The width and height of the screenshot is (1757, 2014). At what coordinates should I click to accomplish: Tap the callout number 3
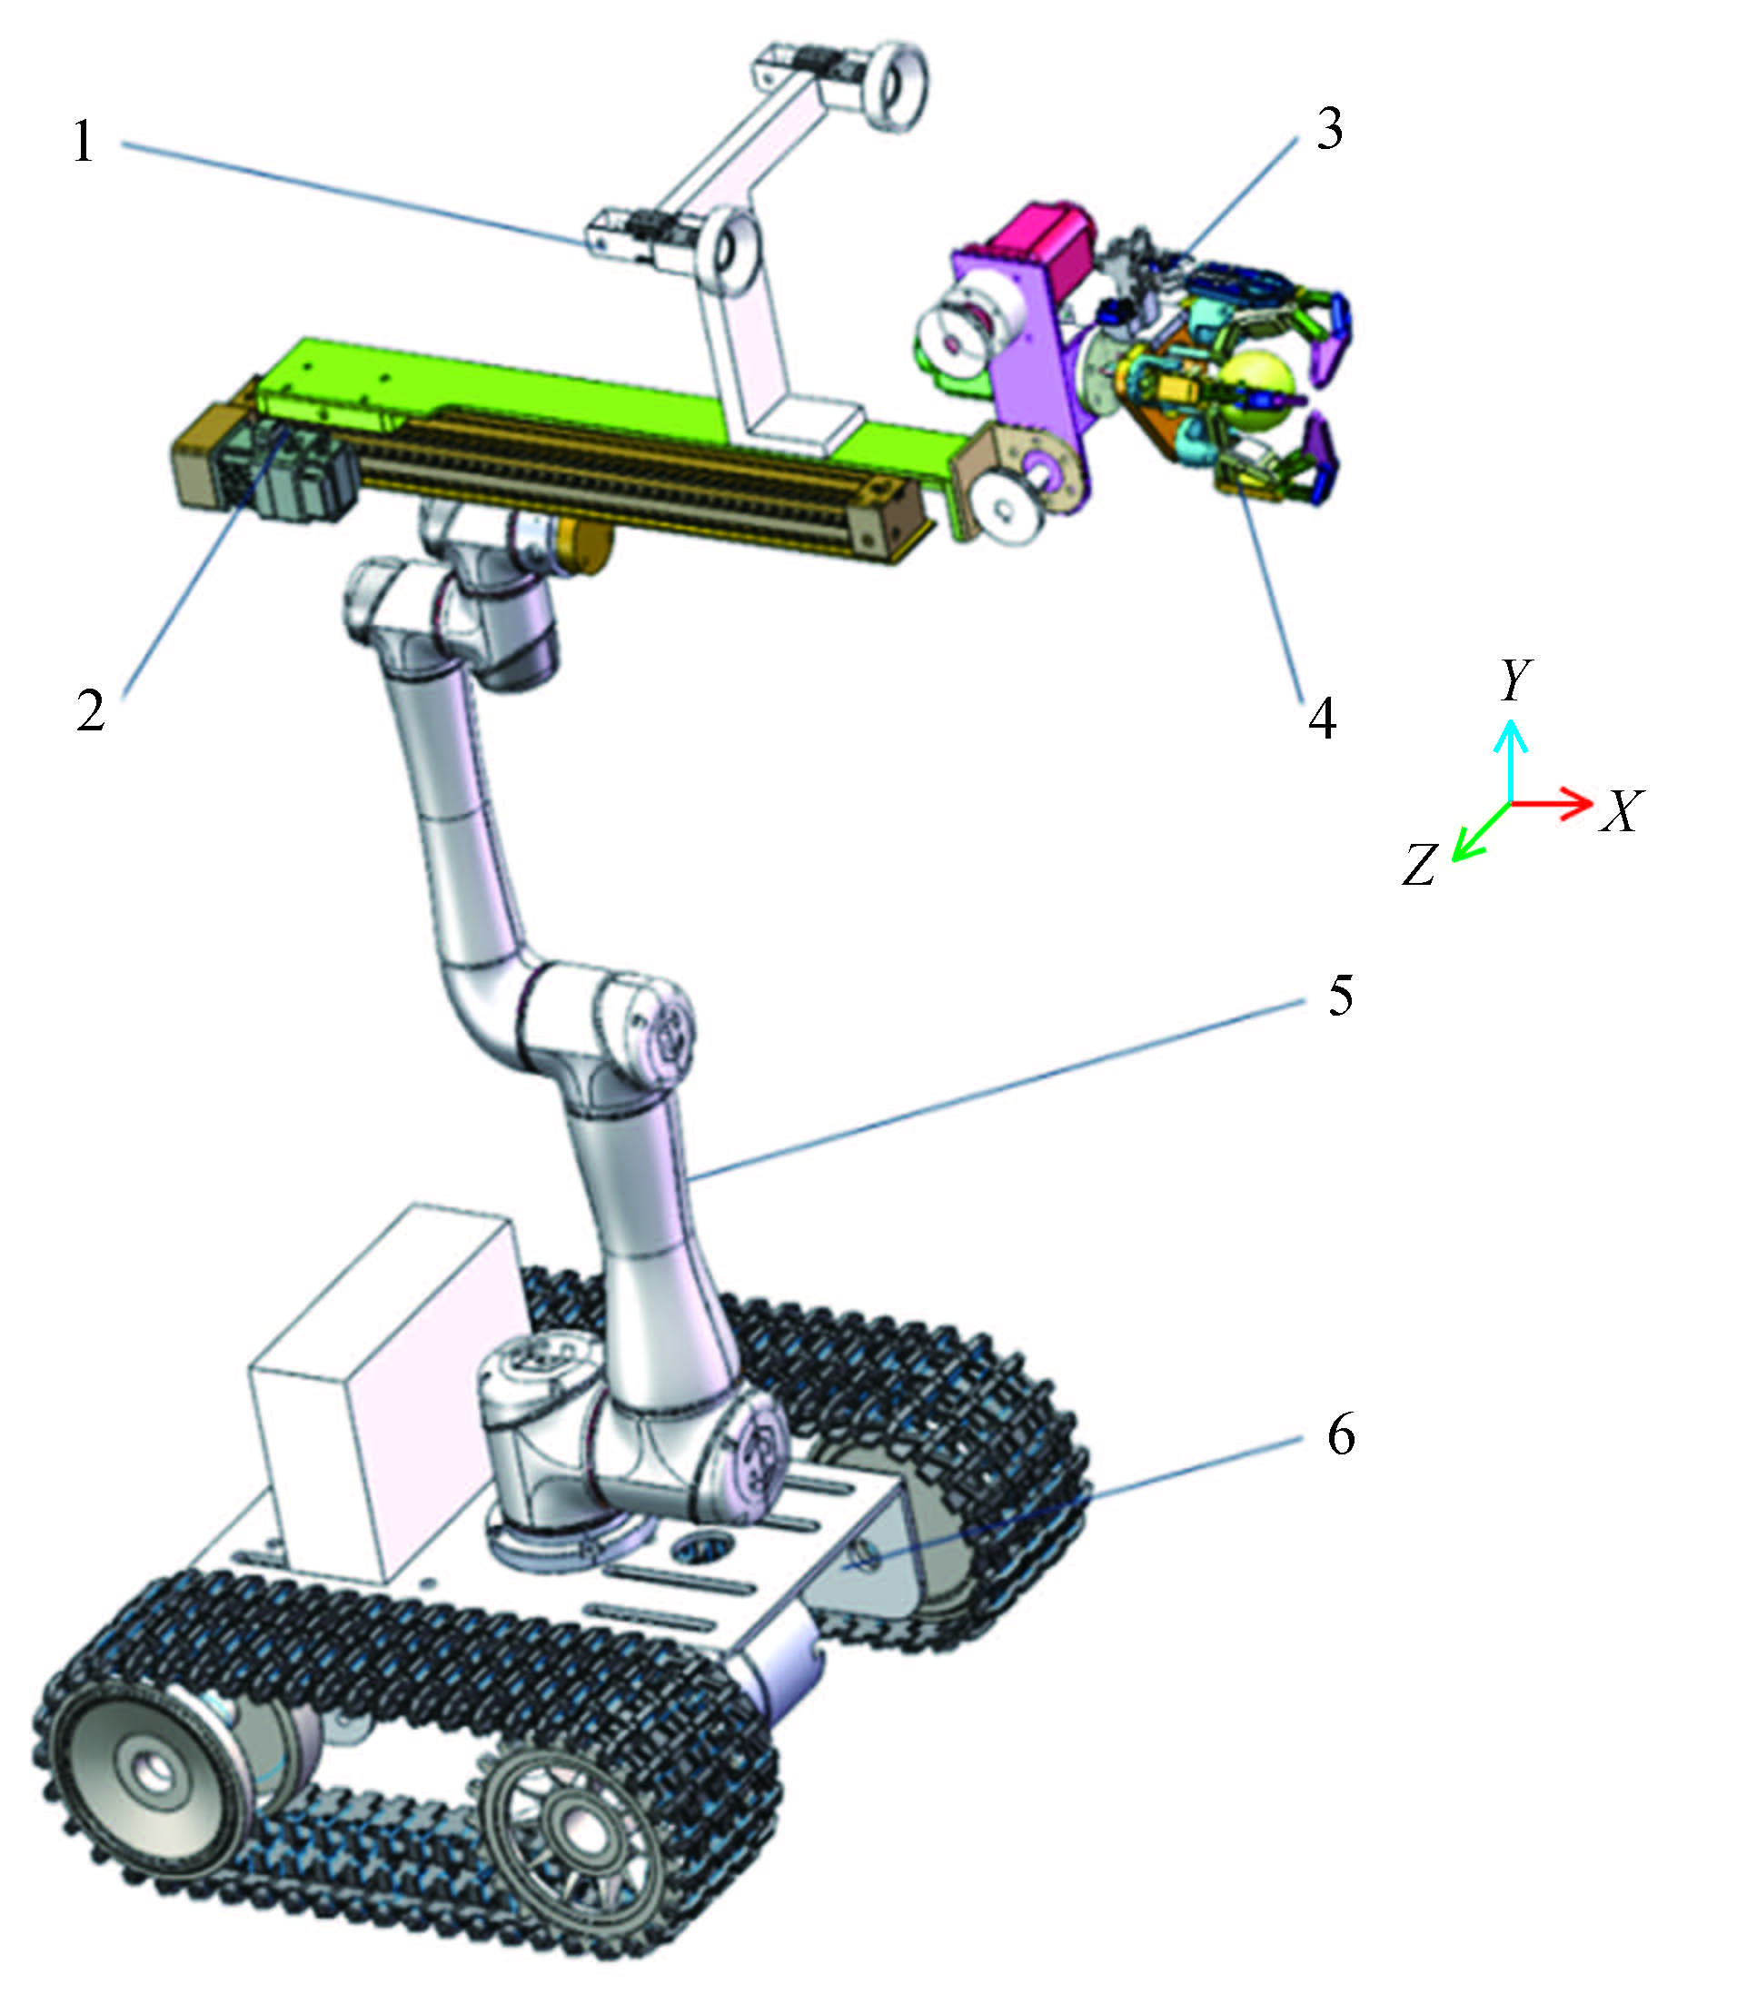tap(1328, 128)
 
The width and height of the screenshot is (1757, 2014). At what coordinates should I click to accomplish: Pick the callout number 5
tap(1340, 996)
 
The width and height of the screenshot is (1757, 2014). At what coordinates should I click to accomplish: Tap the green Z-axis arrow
tap(1481, 831)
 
